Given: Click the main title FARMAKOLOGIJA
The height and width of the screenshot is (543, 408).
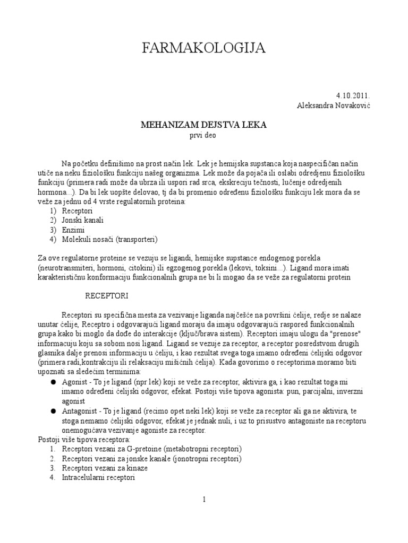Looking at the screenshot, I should [x=204, y=49].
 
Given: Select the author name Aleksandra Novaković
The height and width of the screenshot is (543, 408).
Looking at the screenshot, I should [x=333, y=106].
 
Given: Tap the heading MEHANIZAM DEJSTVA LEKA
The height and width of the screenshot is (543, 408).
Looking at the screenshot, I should [x=203, y=125].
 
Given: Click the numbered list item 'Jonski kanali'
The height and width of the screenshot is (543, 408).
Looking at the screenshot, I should [x=83, y=220].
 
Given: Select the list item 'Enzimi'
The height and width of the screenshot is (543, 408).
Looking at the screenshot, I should [x=73, y=230].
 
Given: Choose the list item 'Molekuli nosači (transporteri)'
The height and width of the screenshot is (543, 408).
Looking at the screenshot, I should [x=110, y=239].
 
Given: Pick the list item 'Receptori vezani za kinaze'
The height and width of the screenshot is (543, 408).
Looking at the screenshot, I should [x=105, y=468].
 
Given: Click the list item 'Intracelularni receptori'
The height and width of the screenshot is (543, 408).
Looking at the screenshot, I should [x=98, y=478].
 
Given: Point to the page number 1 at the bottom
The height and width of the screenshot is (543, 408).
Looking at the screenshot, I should [x=203, y=498].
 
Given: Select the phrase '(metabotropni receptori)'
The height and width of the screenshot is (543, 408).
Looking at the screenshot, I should [x=200, y=449].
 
